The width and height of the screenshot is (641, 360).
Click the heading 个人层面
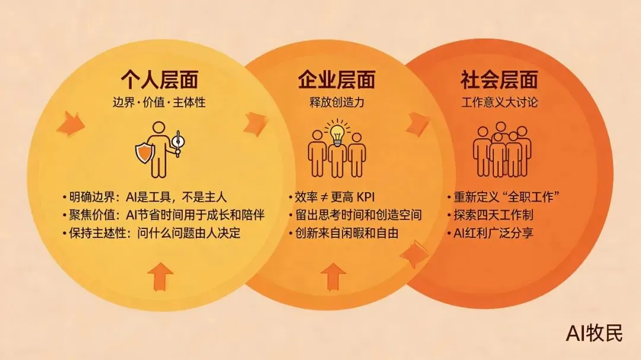pyautogui.click(x=159, y=79)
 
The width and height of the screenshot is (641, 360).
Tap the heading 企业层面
pyautogui.click(x=337, y=79)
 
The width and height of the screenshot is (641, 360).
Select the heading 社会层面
pyautogui.click(x=499, y=79)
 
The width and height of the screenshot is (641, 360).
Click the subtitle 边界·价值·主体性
pyautogui.click(x=159, y=102)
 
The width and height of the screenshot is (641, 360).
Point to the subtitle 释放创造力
pyautogui.click(x=337, y=102)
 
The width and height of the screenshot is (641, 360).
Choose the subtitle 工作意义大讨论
pyautogui.click(x=499, y=102)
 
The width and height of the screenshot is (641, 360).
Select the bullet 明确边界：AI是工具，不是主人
pyautogui.click(x=145, y=197)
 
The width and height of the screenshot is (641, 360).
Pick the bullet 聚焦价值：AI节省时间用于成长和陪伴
pyautogui.click(x=163, y=215)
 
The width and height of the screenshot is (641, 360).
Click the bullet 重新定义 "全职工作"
pyautogui.click(x=504, y=197)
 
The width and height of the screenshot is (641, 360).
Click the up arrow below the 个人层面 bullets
pyautogui.click(x=160, y=276)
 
